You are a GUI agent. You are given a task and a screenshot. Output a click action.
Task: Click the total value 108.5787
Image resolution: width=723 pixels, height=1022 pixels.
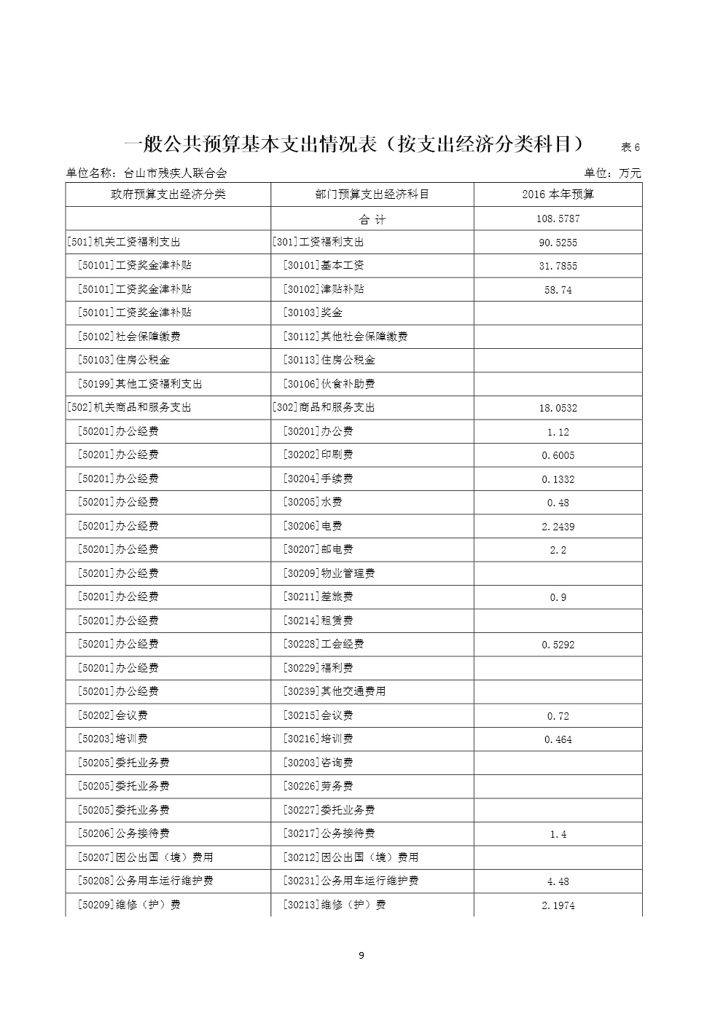tap(558, 219)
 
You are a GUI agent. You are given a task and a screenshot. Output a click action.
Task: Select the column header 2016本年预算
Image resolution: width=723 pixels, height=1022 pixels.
tap(558, 194)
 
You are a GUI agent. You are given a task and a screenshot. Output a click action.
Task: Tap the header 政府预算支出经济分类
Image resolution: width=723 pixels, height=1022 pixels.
tap(168, 194)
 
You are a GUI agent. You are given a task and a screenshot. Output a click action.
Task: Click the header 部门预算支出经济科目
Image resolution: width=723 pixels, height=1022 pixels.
tap(372, 194)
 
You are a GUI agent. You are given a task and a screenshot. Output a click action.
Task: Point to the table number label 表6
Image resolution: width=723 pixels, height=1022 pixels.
tap(630, 147)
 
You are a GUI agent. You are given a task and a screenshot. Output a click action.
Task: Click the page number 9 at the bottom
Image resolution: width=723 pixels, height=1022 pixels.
tap(361, 956)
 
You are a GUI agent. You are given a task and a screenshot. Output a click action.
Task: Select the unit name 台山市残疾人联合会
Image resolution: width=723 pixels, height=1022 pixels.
tap(176, 173)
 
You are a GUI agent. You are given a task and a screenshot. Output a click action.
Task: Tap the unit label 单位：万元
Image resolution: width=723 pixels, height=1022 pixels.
tap(612, 173)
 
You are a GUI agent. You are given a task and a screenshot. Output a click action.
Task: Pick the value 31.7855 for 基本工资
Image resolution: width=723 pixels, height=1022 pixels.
tap(558, 266)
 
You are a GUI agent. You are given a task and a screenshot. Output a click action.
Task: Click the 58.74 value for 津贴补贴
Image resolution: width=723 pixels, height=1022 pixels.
tap(558, 290)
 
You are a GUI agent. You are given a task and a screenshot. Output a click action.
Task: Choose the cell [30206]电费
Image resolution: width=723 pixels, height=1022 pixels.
tap(313, 526)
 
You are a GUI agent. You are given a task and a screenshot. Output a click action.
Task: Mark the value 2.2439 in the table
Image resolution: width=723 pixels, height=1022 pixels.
tap(558, 527)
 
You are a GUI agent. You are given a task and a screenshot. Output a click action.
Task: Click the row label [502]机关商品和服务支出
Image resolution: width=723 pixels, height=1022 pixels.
tap(129, 407)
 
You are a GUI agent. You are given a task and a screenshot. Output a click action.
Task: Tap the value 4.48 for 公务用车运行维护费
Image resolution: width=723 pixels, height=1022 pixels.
tap(558, 881)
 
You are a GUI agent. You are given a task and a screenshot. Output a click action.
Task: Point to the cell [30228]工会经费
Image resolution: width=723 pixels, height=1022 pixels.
tap(324, 644)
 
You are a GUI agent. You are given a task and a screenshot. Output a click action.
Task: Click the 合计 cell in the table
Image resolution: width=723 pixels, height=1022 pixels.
tap(372, 219)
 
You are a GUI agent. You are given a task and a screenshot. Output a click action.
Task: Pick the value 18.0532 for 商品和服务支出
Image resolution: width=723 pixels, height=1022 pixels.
tap(558, 408)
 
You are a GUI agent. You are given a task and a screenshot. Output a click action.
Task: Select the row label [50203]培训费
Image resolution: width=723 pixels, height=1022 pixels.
tap(113, 739)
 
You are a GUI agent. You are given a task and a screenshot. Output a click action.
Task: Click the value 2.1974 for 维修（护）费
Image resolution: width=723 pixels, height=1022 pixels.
tap(558, 905)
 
